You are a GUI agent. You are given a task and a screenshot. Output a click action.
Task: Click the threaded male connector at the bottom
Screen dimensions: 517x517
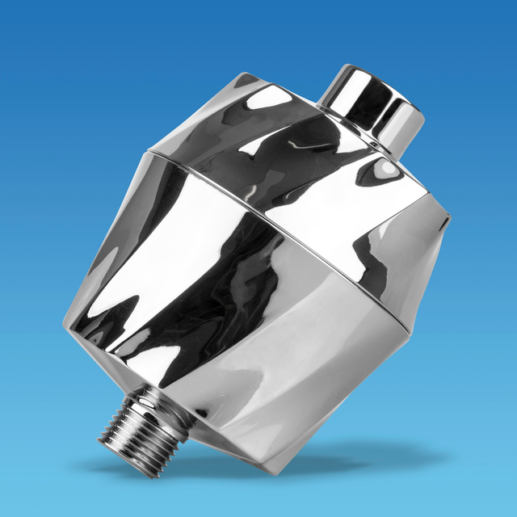[x=125, y=422]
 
